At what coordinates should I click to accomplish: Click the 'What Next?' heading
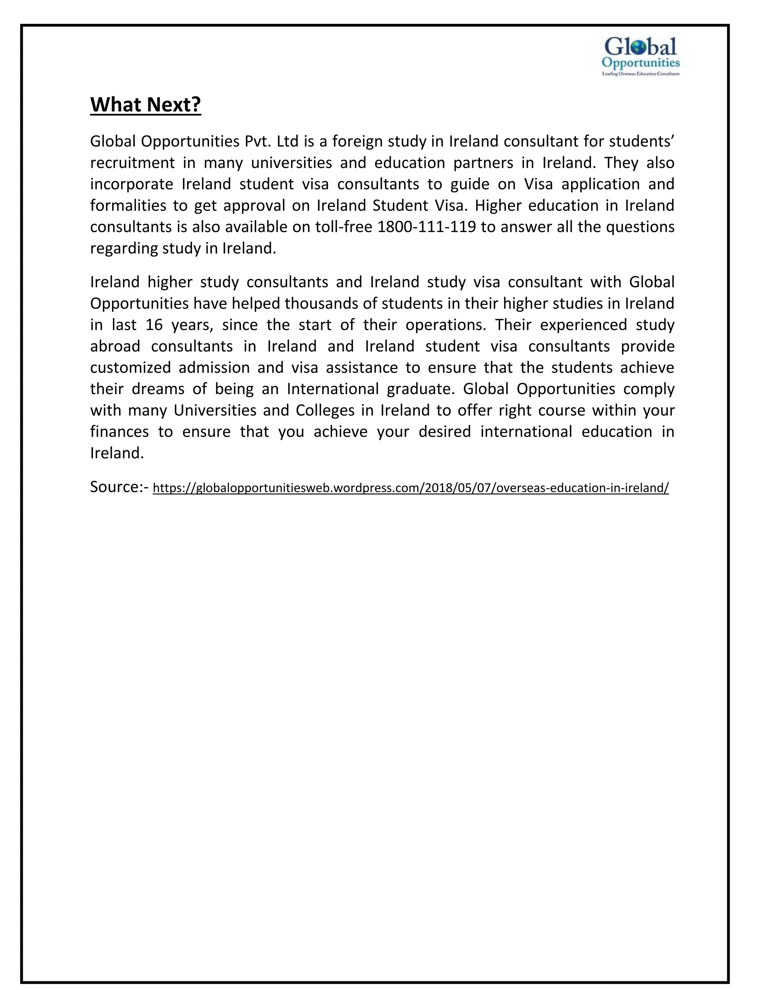point(145,104)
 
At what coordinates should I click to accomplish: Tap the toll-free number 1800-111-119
point(427,227)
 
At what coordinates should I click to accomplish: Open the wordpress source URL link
point(411,488)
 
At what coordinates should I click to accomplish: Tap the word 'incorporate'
point(132,184)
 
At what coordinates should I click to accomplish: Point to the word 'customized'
point(130,367)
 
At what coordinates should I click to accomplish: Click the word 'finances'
point(119,431)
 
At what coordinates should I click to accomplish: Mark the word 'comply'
point(649,389)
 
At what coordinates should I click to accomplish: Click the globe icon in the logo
point(638,47)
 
